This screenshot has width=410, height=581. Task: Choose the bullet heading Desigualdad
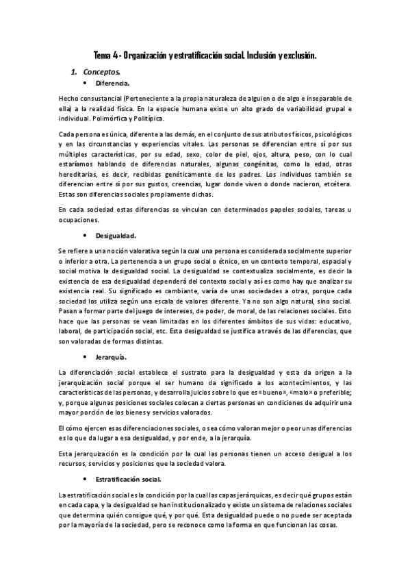pyautogui.click(x=118, y=233)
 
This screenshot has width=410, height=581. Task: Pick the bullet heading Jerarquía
pyautogui.click(x=112, y=358)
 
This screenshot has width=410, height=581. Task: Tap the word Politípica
pyautogui.click(x=146, y=118)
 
